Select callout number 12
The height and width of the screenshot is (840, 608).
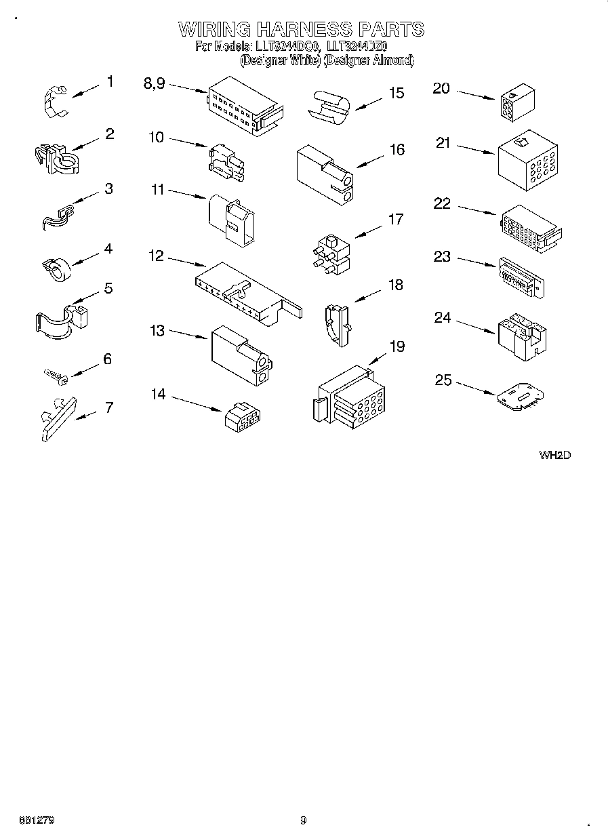tap(157, 256)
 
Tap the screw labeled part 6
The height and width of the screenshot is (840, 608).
tap(54, 374)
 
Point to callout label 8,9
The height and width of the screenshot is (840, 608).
tap(155, 83)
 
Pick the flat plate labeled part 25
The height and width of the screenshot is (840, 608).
tap(519, 397)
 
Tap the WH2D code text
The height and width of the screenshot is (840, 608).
tap(554, 455)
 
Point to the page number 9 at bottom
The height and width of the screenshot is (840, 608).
tap(303, 820)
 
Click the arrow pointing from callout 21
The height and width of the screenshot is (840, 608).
tap(474, 149)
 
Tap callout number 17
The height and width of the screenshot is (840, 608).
tap(395, 219)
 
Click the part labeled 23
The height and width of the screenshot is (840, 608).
tap(521, 277)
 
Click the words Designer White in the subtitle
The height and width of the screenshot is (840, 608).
tap(279, 61)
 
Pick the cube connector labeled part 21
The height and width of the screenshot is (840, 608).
tap(527, 160)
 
